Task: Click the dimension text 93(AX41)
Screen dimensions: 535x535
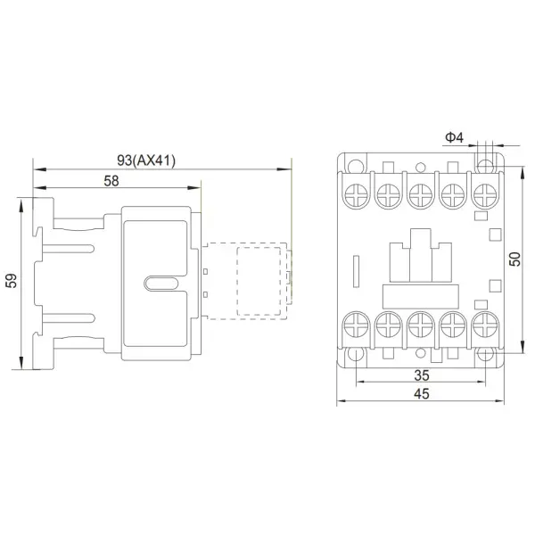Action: click(147, 160)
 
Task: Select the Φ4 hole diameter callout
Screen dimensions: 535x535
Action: click(453, 137)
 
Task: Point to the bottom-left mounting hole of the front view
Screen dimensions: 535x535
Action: click(355, 354)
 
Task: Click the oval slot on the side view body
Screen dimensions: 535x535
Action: click(160, 284)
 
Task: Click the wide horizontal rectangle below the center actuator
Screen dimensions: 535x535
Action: click(419, 294)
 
